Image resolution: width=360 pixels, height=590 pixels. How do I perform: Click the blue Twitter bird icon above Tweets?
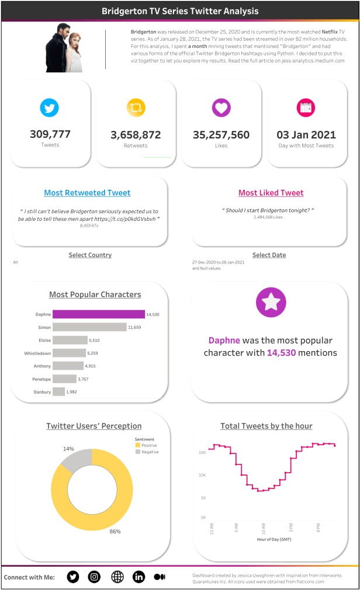click(50, 108)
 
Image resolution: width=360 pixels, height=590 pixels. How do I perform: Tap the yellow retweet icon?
click(136, 108)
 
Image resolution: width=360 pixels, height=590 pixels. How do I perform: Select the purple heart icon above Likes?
click(221, 108)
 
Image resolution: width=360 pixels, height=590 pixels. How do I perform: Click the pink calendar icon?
click(306, 108)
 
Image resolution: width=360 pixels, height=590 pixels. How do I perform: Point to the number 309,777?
click(50, 134)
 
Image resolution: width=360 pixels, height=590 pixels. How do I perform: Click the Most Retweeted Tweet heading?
click(87, 193)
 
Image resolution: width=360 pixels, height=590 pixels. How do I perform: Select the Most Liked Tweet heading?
click(271, 193)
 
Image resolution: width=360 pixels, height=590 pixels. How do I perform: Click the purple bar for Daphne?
click(98, 314)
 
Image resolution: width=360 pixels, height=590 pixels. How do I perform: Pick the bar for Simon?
click(89, 327)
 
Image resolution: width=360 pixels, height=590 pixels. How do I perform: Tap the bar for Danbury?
click(58, 391)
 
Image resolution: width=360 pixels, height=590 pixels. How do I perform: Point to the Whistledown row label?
click(37, 353)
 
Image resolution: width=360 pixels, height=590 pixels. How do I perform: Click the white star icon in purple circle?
click(271, 302)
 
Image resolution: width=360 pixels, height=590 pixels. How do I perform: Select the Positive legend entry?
click(148, 445)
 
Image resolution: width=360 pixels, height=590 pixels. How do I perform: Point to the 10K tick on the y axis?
click(202, 475)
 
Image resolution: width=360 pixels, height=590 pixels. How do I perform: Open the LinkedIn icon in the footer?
click(139, 577)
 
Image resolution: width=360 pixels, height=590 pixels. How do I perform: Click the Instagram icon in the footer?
click(94, 577)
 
